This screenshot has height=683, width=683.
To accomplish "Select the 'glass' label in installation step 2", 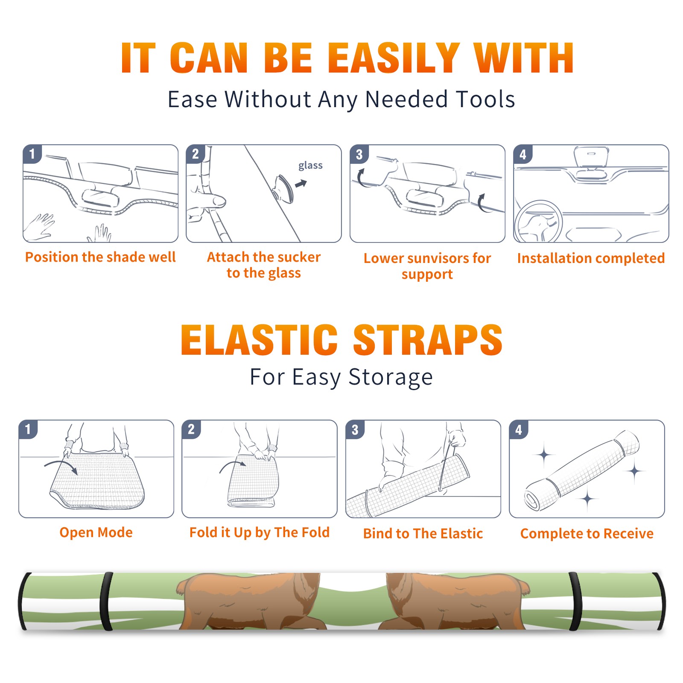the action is (310, 166).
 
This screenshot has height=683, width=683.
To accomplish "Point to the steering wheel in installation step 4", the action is (539, 222).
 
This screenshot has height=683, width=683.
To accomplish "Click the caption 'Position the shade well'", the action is (100, 257).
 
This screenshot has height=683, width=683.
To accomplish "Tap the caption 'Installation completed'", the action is (591, 258).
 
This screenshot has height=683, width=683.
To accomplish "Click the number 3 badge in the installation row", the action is (359, 154).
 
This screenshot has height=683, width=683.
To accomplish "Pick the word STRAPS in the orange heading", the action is (428, 340).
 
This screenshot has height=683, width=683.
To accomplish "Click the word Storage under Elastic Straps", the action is (391, 377).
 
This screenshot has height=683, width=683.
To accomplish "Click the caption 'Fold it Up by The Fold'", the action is (260, 533).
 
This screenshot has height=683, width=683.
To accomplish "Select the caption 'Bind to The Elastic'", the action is (423, 534).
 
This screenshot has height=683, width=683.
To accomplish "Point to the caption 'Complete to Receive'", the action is (587, 534).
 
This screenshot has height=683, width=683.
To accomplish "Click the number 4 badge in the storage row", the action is (519, 429).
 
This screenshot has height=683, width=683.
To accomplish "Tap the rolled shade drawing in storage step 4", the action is (582, 470).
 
